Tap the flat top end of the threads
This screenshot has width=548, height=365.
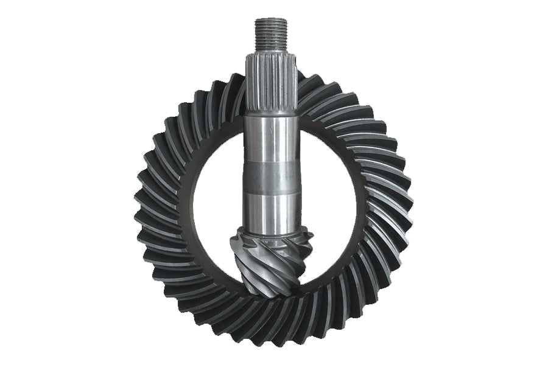272,20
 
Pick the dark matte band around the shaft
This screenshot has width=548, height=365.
272,176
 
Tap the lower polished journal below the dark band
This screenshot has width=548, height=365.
272,210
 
